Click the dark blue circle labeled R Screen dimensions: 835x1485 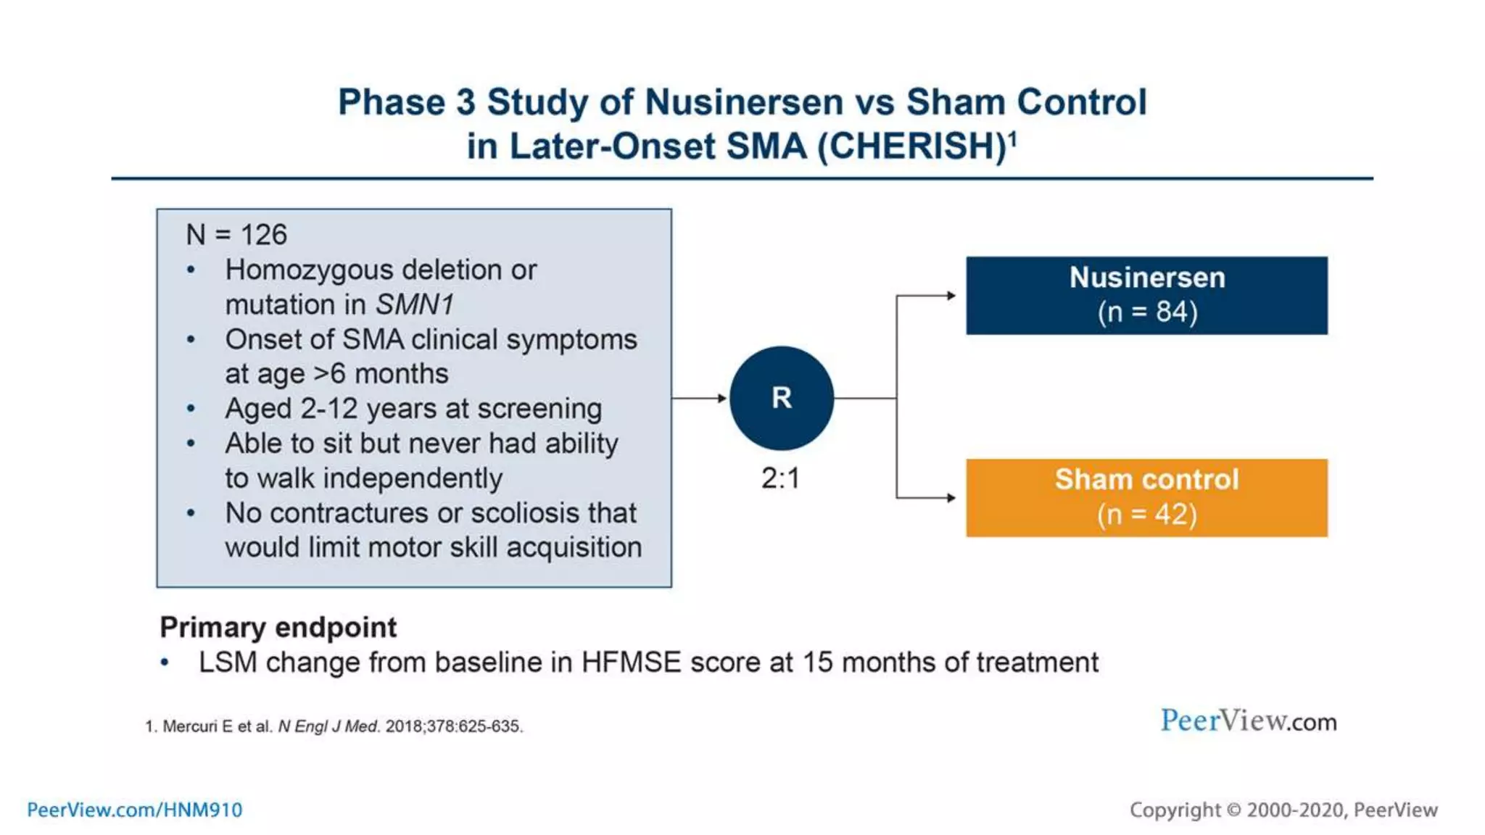tap(781, 397)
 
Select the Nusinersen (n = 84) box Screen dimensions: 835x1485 tap(1146, 295)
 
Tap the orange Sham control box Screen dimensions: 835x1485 tap(1146, 497)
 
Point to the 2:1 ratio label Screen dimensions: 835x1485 tap(780, 478)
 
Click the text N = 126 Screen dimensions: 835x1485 tap(236, 235)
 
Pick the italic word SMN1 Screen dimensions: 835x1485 tap(415, 304)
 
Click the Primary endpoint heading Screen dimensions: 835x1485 tap(278, 627)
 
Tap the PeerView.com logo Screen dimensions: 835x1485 tap(1248, 720)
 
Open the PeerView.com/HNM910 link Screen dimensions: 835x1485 tap(135, 810)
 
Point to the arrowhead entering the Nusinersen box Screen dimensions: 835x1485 tap(951, 295)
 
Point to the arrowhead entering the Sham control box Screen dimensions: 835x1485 tap(951, 497)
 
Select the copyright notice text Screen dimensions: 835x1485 tap(1283, 810)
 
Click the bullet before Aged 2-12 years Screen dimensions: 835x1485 tap(191, 409)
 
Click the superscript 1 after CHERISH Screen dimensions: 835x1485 tap(1013, 138)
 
